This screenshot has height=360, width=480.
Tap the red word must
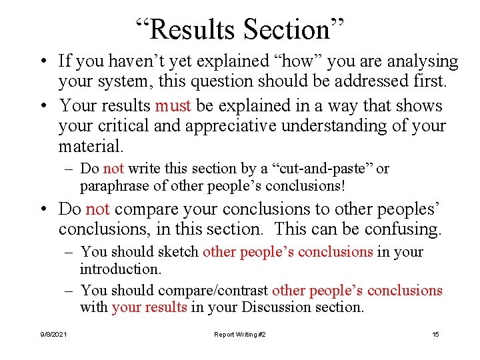coord(173,106)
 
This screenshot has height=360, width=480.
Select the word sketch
coord(179,252)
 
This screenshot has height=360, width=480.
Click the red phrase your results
coord(149,308)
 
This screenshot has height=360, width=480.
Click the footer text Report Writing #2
coord(240,334)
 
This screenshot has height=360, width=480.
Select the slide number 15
coord(435,334)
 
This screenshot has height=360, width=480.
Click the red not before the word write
coord(114,169)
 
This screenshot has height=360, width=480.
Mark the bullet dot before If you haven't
coord(43,62)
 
